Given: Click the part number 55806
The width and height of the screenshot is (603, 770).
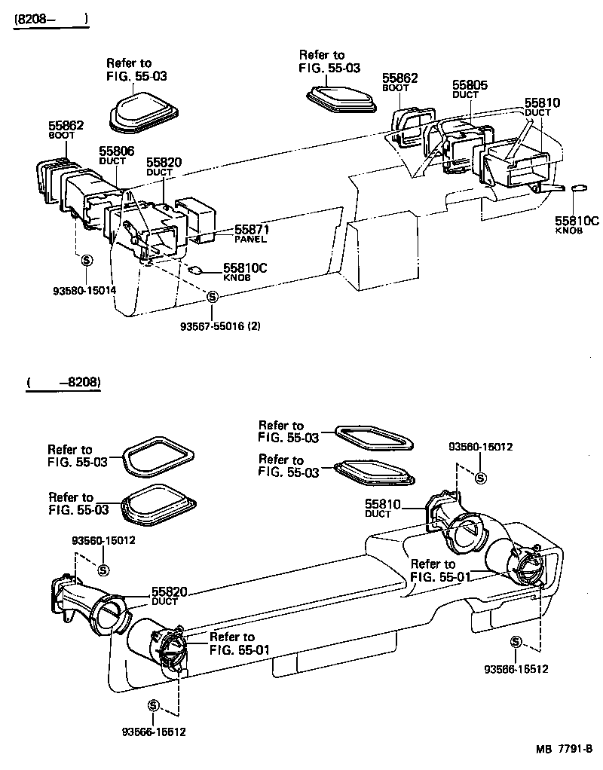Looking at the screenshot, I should pyautogui.click(x=116, y=151).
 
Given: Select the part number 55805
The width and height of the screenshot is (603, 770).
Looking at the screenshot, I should pyautogui.click(x=470, y=85).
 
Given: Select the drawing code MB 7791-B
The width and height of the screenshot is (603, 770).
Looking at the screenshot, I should pyautogui.click(x=565, y=750).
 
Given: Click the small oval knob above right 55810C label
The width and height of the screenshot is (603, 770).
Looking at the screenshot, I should pyautogui.click(x=580, y=188).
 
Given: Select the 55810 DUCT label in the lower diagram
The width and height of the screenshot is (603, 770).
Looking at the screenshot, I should pyautogui.click(x=383, y=506).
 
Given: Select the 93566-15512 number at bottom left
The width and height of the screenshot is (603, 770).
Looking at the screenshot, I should pyautogui.click(x=153, y=732).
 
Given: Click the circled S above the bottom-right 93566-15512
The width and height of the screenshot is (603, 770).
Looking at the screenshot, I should pyautogui.click(x=516, y=641).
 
